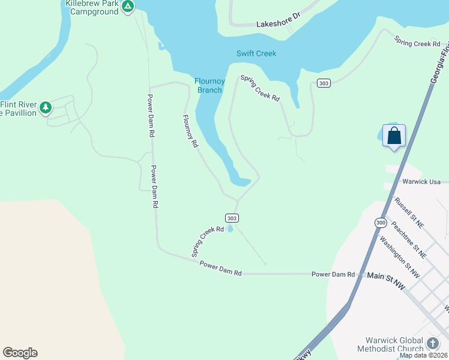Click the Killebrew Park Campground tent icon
click(x=127, y=7)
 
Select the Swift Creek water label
click(x=256, y=53)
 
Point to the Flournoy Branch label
click(x=208, y=86)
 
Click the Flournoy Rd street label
click(x=190, y=131)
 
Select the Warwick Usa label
click(x=421, y=182)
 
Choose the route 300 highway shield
click(x=381, y=223)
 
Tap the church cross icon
click(x=433, y=344)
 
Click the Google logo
click(x=20, y=353)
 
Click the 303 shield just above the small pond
click(x=232, y=218)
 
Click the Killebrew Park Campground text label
click(x=91, y=7)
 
